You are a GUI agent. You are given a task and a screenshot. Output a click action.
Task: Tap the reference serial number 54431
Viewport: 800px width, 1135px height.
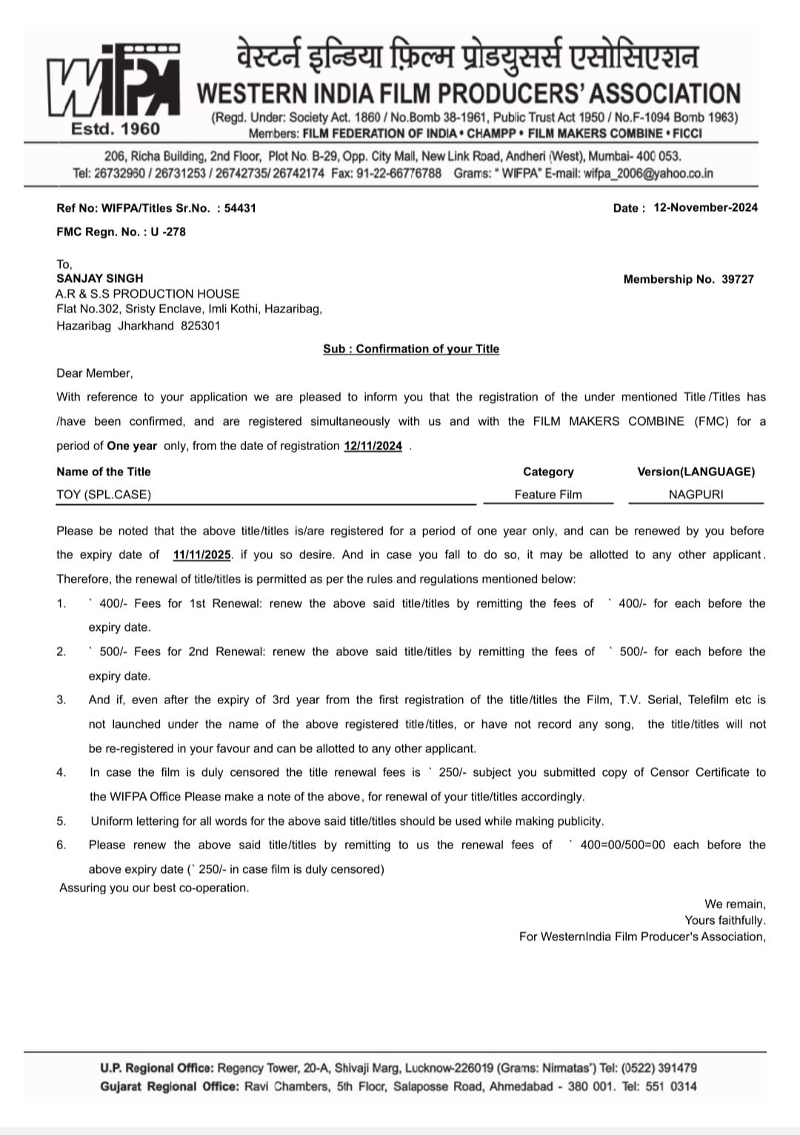click(x=240, y=208)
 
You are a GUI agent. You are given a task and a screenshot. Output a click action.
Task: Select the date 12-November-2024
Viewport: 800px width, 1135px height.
click(x=705, y=207)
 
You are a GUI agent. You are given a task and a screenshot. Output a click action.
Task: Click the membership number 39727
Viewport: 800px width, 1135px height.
click(x=738, y=279)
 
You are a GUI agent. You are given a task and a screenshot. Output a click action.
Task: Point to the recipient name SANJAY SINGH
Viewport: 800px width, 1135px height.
click(x=100, y=278)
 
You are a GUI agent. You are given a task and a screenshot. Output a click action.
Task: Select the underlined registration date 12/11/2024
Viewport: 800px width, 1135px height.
click(x=373, y=446)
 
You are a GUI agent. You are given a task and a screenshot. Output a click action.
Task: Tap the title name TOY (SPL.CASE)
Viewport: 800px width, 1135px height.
click(x=104, y=495)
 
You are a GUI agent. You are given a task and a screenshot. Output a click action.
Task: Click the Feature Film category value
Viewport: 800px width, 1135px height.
click(x=548, y=495)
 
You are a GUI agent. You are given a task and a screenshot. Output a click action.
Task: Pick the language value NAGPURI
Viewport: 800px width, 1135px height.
click(x=696, y=495)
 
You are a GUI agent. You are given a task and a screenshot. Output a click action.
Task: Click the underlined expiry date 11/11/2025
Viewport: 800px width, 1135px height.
click(x=201, y=555)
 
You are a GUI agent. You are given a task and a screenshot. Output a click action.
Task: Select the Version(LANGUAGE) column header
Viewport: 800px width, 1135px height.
click(x=696, y=472)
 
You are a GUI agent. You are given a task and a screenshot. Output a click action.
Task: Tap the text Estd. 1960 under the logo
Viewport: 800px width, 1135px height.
click(x=115, y=129)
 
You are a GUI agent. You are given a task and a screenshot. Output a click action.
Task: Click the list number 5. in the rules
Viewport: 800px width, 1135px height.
click(x=61, y=820)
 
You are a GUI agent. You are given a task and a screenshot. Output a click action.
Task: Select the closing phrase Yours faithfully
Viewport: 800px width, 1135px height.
click(x=724, y=920)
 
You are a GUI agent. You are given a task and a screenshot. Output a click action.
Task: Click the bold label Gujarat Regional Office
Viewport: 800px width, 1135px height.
click(x=170, y=1086)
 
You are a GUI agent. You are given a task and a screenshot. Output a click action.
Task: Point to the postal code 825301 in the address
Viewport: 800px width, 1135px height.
click(x=200, y=326)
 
